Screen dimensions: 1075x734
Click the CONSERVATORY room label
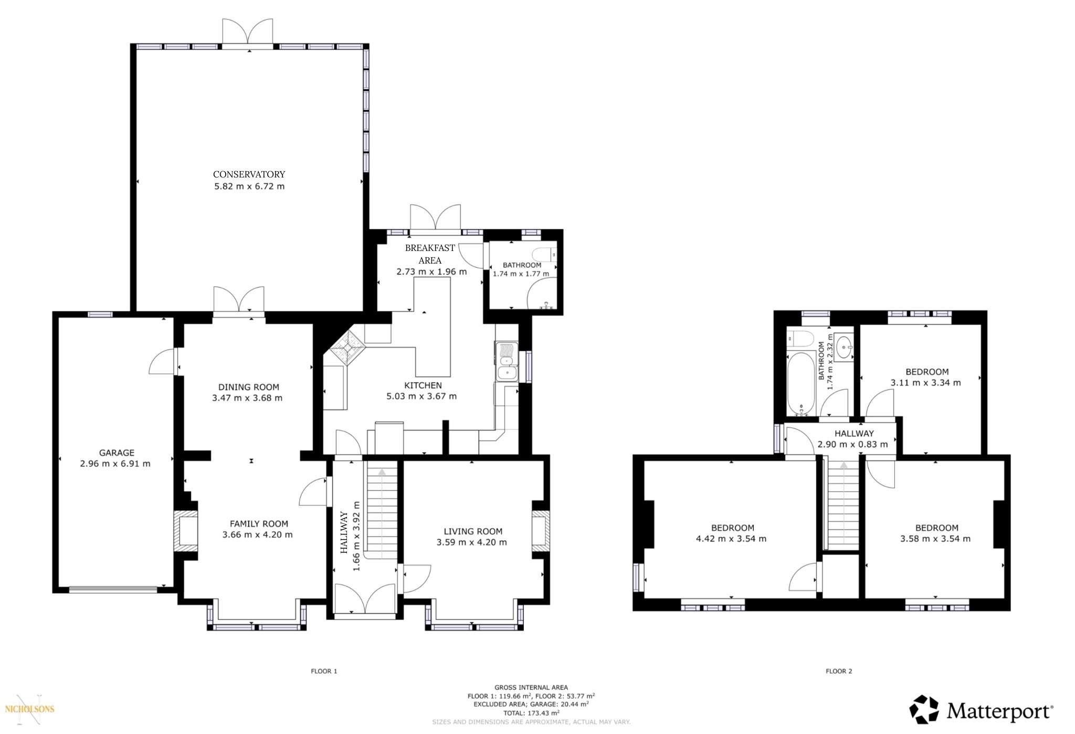[249, 174]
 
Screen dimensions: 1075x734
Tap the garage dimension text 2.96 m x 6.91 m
[115, 464]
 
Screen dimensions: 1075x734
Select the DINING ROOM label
[249, 387]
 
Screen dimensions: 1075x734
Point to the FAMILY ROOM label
[259, 523]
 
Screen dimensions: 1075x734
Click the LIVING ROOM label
[473, 531]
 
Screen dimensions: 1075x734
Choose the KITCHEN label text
[423, 385]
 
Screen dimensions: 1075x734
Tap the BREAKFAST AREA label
[430, 254]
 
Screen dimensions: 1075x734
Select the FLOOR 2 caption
[839, 671]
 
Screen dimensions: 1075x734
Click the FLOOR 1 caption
[324, 671]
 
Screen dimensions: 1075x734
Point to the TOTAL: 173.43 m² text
[531, 713]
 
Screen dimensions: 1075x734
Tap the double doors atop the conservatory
[248, 32]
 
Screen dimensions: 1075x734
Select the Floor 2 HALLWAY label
[854, 433]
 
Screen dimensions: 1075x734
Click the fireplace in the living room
[540, 531]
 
